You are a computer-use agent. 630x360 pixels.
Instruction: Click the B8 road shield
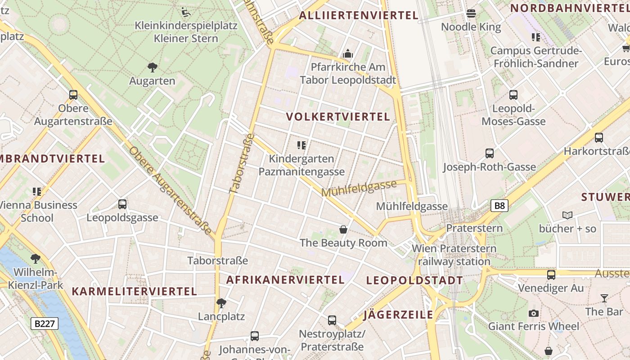coord(499,206)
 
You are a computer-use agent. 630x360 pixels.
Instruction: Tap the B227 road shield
coord(45,323)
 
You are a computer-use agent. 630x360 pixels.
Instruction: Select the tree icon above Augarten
coord(153,68)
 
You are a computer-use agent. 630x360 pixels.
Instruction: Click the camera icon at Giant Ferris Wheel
coord(534,313)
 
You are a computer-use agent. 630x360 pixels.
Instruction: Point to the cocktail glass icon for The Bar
coord(604,298)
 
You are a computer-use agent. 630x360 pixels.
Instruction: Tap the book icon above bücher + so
coord(567,216)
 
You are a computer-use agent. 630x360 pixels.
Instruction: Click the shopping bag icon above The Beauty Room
coord(343,230)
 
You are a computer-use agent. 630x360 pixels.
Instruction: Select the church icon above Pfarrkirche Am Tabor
coord(348,54)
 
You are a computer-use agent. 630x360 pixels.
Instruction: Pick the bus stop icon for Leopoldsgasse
coord(122,204)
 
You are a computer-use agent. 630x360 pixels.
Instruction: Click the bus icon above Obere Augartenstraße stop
coord(73,95)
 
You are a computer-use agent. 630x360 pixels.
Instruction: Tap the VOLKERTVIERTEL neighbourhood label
coord(338,117)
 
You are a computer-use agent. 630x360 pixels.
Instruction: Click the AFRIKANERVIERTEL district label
coord(285,280)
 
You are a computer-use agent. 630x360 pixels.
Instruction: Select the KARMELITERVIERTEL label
coord(135,292)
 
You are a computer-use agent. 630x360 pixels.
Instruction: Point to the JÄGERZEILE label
coord(398,315)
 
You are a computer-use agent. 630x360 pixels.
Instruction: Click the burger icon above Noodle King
coord(471,13)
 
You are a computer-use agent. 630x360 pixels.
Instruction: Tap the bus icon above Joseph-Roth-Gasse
coord(490,153)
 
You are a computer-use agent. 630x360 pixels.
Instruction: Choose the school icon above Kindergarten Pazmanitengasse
coord(301,145)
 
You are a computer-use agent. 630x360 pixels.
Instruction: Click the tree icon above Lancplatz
coord(221,303)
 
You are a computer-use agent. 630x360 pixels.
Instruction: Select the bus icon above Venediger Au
coord(551,274)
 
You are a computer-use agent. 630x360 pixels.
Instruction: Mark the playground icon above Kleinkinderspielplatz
coord(186,12)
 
